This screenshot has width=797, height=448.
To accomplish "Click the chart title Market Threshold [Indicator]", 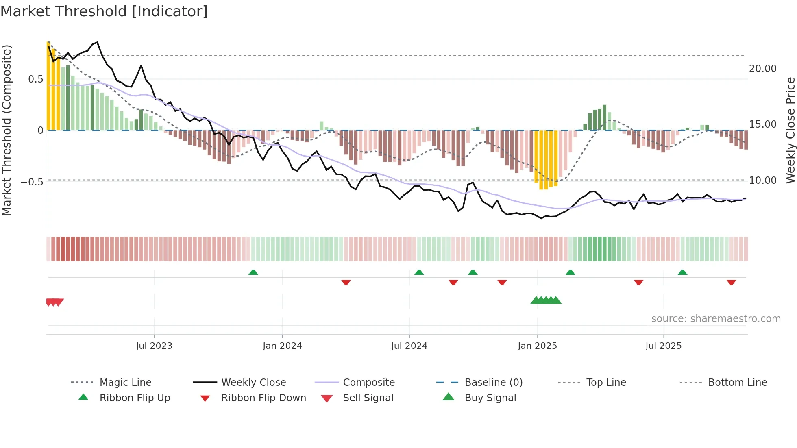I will [x=104, y=11].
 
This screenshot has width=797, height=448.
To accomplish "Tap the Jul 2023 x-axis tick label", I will [x=154, y=346].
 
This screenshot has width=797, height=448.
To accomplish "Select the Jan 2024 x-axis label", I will [x=282, y=346].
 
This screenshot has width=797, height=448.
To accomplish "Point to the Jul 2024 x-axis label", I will [x=409, y=346].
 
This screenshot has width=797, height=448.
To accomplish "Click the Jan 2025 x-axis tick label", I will [x=537, y=346].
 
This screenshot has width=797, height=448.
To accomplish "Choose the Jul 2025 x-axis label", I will [x=663, y=346].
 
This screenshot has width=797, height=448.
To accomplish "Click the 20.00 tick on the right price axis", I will [x=762, y=69].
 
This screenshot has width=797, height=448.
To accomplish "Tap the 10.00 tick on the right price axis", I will [x=762, y=181].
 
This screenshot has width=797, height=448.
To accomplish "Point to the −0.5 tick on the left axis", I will [x=32, y=181].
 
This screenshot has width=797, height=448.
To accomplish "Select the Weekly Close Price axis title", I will [x=790, y=130].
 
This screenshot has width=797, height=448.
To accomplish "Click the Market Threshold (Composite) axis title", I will [x=7, y=130].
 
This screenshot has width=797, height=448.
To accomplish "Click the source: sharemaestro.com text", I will [x=716, y=319].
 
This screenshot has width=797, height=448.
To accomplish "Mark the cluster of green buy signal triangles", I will [x=546, y=300].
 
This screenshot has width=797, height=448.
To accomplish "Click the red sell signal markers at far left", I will [x=54, y=302].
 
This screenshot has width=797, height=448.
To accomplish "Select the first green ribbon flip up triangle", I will [x=253, y=272].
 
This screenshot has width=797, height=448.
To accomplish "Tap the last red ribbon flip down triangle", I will [x=731, y=282].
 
